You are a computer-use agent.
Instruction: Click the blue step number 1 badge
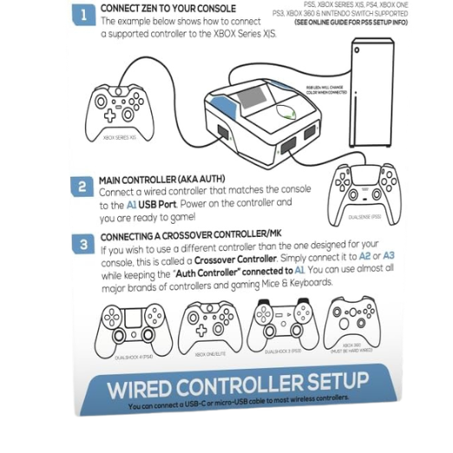[x=84, y=15]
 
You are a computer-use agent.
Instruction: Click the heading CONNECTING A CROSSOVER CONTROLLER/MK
[x=192, y=235]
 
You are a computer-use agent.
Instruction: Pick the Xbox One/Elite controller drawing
[x=209, y=327]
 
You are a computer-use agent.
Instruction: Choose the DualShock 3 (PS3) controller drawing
[x=283, y=324]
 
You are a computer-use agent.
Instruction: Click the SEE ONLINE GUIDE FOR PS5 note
[x=351, y=23]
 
